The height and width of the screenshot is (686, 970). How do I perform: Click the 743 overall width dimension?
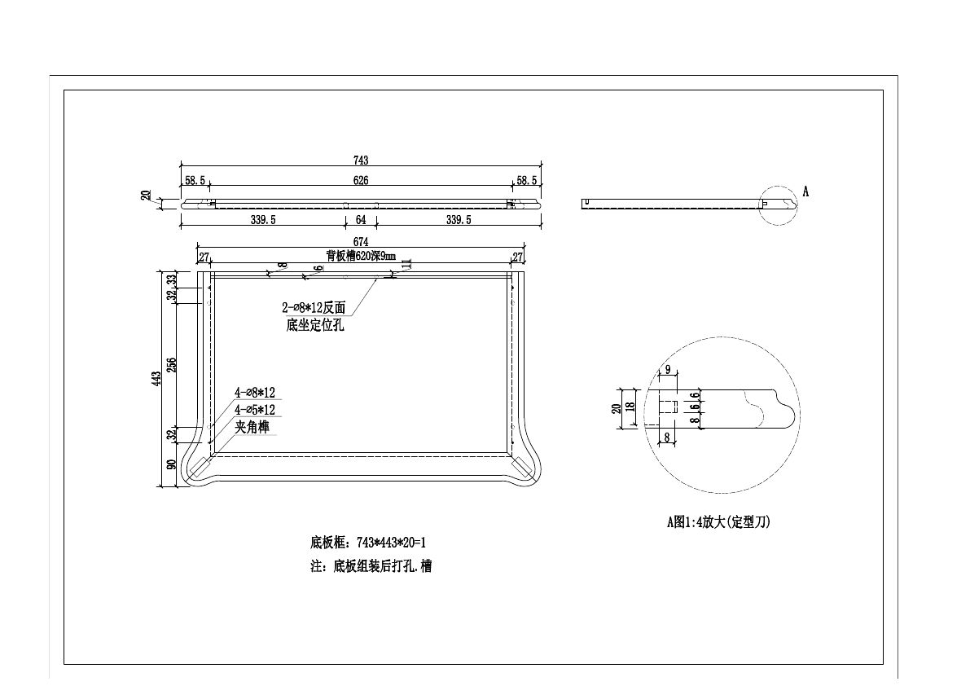tap(361, 161)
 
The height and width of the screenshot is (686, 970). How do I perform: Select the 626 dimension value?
tap(361, 180)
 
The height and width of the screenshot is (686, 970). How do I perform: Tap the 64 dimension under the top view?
tap(361, 220)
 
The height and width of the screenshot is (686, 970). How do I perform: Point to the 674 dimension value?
tap(361, 241)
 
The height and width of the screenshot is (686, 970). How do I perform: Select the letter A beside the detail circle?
tap(805, 191)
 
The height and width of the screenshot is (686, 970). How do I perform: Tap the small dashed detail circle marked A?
tap(778, 204)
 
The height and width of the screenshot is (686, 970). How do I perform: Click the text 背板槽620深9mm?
tap(361, 255)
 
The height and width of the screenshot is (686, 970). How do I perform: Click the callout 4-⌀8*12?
tap(254, 393)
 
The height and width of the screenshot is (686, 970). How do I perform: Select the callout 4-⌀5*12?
tap(254, 410)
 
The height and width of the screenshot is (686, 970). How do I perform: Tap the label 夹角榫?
tap(252, 427)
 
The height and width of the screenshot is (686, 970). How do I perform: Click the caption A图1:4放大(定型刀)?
tap(718, 522)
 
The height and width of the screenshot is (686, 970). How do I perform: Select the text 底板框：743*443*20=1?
tap(368, 542)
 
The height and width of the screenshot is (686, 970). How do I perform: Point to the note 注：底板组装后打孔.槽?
tap(371, 566)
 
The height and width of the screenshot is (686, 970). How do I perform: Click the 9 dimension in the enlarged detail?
tap(668, 369)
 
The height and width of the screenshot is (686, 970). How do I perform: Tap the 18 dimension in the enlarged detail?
tap(630, 406)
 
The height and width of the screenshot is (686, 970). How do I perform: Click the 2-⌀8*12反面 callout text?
tap(314, 308)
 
